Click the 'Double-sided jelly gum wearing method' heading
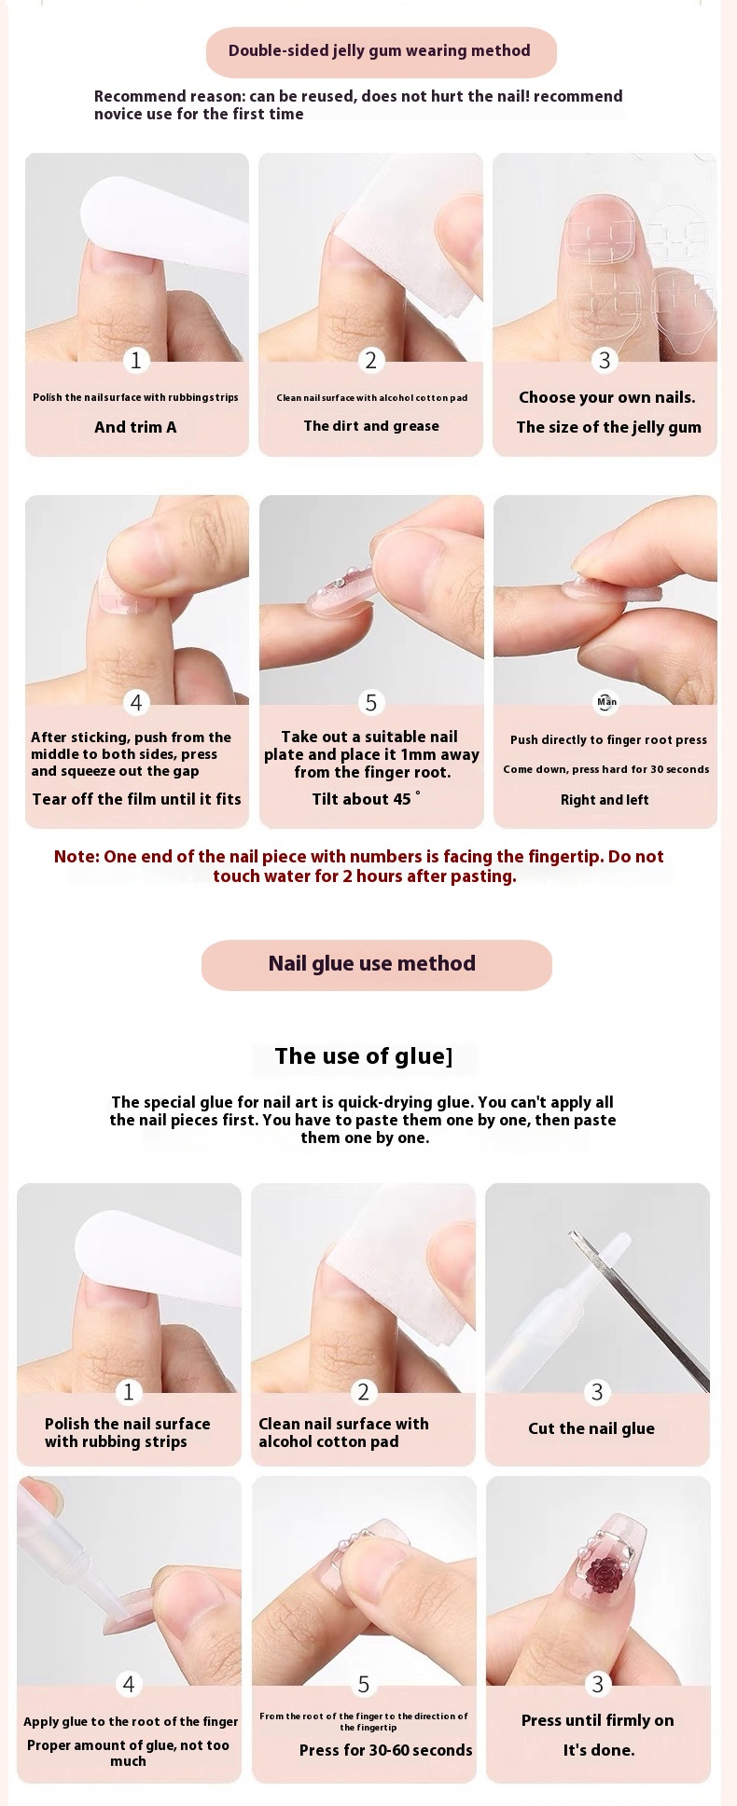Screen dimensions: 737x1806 (x=380, y=51)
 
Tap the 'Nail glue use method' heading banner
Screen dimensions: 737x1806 (x=376, y=964)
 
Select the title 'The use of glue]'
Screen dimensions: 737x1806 (x=364, y=1056)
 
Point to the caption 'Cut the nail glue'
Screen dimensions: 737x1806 (x=591, y=1428)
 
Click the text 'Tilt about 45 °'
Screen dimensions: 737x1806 (x=367, y=799)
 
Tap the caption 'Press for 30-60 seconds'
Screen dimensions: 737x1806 (x=386, y=1750)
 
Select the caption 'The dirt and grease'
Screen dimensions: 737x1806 (x=371, y=426)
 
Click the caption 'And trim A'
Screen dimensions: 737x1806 (x=135, y=427)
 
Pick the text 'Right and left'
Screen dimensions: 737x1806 (x=605, y=800)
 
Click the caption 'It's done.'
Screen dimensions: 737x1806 (x=599, y=1750)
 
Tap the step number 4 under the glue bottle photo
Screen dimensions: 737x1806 (x=129, y=1684)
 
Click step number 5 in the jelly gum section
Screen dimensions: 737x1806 (x=371, y=702)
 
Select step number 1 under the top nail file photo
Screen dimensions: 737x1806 (x=136, y=360)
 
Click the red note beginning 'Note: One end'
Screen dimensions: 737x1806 (x=360, y=866)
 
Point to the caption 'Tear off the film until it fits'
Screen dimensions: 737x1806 (x=137, y=799)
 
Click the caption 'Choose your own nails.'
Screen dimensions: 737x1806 (x=607, y=397)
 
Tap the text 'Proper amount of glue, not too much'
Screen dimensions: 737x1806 (x=128, y=1753)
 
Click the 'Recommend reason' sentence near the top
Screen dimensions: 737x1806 (x=358, y=105)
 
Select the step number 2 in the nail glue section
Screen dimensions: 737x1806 (x=364, y=1392)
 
